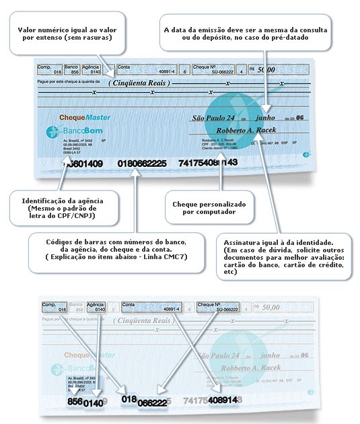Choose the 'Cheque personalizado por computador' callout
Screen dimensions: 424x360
tap(209, 208)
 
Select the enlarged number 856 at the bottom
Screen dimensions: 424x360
tap(75, 401)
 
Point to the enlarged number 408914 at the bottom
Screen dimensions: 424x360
tap(223, 400)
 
